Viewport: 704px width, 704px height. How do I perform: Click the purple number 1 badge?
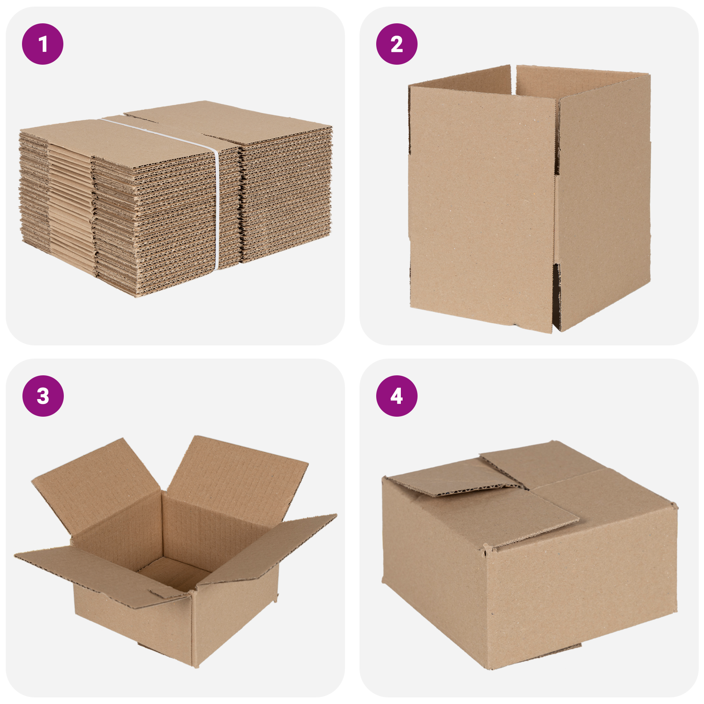(x=43, y=44)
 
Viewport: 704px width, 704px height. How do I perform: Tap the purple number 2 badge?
(x=396, y=44)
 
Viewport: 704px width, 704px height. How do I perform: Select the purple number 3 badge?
(x=43, y=396)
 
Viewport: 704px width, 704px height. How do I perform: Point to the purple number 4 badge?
(x=396, y=396)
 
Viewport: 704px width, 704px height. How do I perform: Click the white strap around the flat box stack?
(x=216, y=207)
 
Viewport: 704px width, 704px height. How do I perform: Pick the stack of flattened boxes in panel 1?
(x=176, y=198)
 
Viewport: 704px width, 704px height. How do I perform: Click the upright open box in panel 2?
(x=528, y=198)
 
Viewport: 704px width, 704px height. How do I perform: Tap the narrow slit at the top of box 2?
(x=513, y=79)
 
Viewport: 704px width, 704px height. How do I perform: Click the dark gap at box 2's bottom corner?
(x=557, y=299)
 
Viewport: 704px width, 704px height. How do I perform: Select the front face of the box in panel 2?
(x=482, y=207)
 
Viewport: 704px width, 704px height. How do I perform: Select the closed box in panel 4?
(x=528, y=554)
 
